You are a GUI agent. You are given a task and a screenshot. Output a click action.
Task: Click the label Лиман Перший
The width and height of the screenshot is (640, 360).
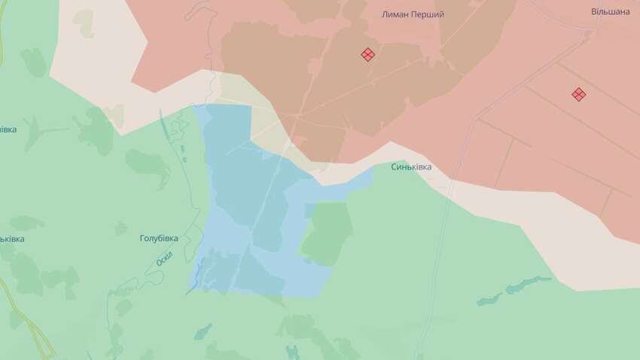(x=413, y=14)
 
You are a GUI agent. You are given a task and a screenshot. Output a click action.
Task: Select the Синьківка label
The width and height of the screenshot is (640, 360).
(x=411, y=166)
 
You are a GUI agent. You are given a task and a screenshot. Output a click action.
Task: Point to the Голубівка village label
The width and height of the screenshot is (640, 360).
(x=159, y=238)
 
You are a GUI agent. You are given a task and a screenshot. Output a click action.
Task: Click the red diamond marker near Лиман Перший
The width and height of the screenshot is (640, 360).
(x=368, y=54)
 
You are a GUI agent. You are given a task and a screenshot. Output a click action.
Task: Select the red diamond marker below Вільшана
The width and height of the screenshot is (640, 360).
(x=578, y=94)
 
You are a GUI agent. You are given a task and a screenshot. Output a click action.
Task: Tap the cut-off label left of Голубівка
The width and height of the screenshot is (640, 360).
(x=11, y=239)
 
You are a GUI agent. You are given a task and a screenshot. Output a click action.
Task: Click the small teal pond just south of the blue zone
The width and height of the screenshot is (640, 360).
(x=203, y=331)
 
